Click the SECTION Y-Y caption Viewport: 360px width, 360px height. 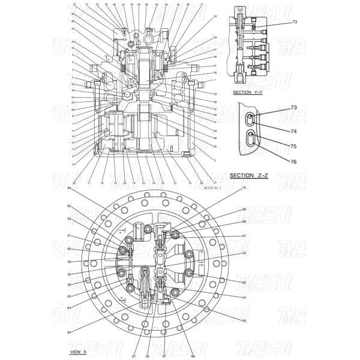click(249, 93)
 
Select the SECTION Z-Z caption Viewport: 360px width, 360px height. click(247, 175)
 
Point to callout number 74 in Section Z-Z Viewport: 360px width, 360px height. click(294, 130)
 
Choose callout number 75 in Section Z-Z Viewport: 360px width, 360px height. click(294, 146)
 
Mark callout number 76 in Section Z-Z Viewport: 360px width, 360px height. click(294, 161)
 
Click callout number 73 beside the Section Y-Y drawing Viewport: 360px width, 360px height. click(295, 22)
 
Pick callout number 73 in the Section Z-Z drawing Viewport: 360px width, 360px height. click(294, 107)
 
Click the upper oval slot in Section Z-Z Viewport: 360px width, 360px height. click(251, 119)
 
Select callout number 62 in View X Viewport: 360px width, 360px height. click(69, 206)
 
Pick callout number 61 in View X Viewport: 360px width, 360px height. click(69, 235)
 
